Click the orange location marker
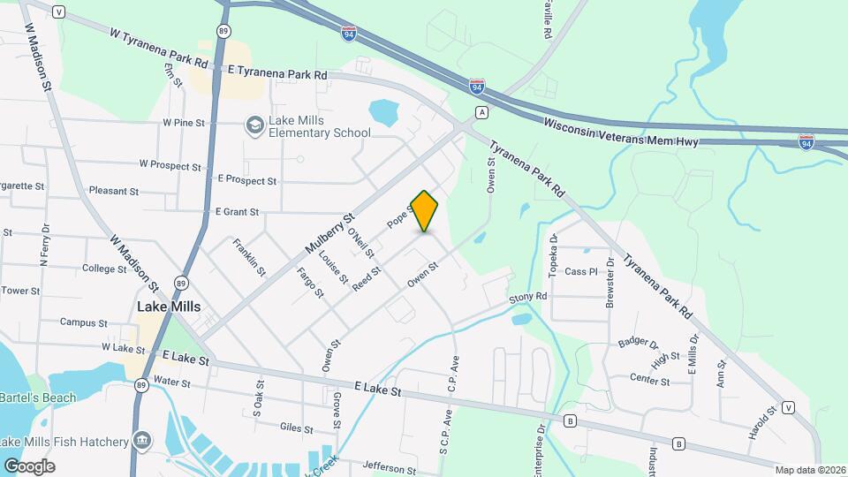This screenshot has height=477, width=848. tap(425, 210)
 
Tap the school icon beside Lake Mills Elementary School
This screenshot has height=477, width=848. tap(255, 125)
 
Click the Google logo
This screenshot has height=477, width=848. tap(29, 466)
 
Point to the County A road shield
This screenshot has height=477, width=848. tap(481, 112)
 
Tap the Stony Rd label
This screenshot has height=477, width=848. tap(528, 299)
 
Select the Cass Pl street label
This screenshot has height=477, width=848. tap(581, 272)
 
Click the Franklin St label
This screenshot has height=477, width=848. tap(249, 257)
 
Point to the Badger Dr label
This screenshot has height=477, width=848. tap(639, 343)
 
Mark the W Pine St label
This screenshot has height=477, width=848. tap(184, 123)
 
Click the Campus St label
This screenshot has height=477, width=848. tap(84, 323)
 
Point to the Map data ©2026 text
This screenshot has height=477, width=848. tap(811, 469)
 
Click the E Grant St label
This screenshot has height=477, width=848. tap(237, 212)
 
